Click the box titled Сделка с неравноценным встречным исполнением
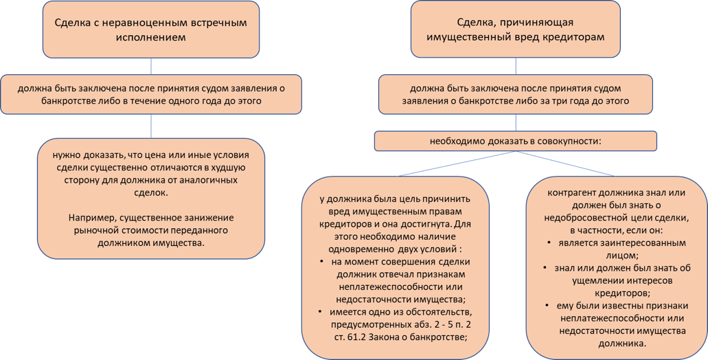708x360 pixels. [x=151, y=30]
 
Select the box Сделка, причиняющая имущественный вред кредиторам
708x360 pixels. [x=515, y=29]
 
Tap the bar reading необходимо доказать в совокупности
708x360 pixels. [x=515, y=141]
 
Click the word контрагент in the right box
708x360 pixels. [x=571, y=193]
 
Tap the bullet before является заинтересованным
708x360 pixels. [x=549, y=243]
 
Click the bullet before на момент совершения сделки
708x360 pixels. [x=321, y=262]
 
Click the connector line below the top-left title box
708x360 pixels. [x=151, y=67]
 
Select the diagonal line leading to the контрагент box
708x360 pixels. [x=565, y=164]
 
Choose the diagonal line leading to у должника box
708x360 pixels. [x=457, y=164]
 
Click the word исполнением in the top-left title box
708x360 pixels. [x=151, y=38]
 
